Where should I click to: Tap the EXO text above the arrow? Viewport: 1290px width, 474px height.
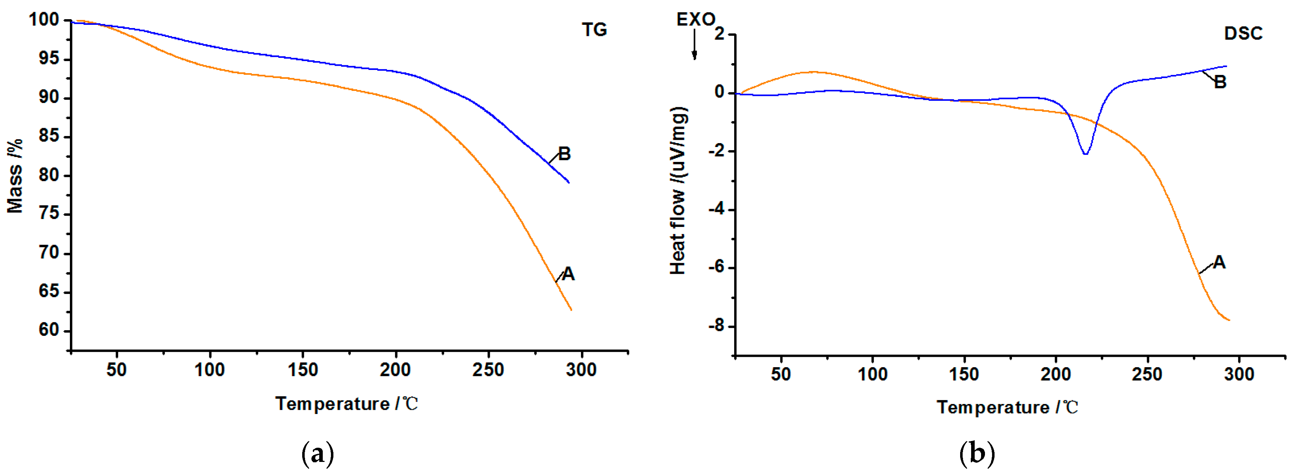click(x=695, y=20)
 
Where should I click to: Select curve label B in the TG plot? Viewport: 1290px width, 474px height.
click(x=564, y=154)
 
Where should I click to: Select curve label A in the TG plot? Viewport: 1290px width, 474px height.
click(x=568, y=274)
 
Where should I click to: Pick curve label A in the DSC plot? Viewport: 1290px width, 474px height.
click(x=1219, y=262)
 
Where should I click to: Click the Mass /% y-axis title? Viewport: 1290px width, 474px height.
click(x=15, y=176)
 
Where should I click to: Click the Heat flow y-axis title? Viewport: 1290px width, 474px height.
click(x=678, y=190)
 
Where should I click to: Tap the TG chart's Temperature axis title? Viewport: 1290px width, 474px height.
click(x=346, y=403)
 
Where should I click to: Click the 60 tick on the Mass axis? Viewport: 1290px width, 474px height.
click(x=49, y=330)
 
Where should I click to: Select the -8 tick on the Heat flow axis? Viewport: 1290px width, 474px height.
click(x=716, y=326)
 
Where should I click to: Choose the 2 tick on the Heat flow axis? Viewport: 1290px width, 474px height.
click(x=720, y=34)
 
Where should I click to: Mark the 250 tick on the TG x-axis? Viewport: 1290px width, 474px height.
click(x=488, y=370)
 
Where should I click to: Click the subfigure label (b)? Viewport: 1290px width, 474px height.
click(x=976, y=453)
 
